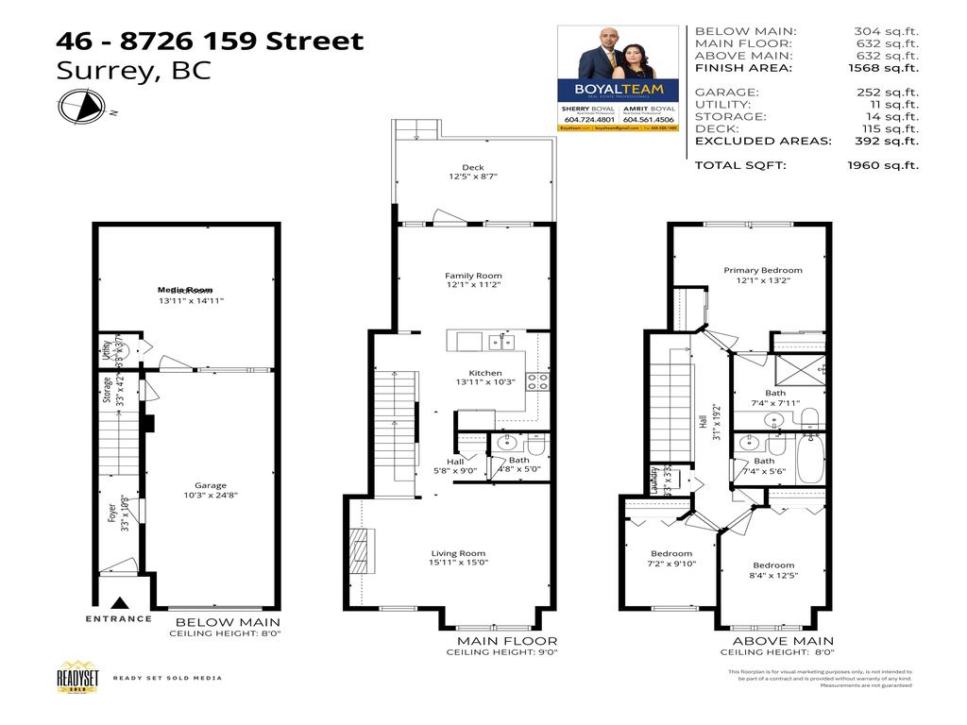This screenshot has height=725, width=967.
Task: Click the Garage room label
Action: tap(211, 485)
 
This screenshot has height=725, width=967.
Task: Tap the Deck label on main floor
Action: tap(473, 167)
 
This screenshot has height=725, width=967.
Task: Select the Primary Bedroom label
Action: tap(763, 270)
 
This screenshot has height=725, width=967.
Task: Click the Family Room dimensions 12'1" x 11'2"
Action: tap(473, 285)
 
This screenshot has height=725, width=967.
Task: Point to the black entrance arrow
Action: tap(119, 603)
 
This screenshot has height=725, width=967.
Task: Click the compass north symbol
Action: tap(83, 106)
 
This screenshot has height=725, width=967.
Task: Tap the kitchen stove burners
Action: tap(537, 381)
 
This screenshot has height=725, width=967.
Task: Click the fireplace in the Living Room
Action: tap(363, 551)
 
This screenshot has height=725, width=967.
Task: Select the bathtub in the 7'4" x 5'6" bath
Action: tap(810, 459)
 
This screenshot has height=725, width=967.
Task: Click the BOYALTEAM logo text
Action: tap(618, 91)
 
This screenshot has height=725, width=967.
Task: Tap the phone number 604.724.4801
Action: tap(589, 120)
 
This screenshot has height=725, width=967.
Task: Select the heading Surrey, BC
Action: tap(134, 70)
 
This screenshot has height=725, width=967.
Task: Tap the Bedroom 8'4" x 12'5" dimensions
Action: tap(772, 575)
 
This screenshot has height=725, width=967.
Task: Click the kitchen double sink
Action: tap(501, 342)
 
